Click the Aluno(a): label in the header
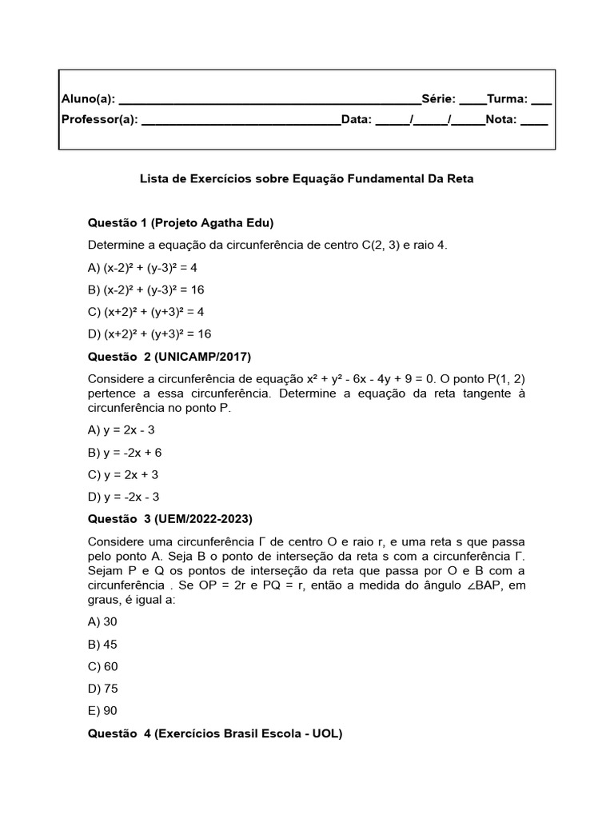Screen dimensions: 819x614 (x=89, y=99)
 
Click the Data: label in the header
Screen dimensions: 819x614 (x=357, y=120)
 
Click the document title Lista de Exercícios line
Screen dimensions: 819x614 (x=307, y=179)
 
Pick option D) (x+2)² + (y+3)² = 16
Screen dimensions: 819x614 (x=150, y=334)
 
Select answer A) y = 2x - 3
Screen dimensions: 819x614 (x=122, y=429)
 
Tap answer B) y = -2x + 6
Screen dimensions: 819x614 (x=125, y=452)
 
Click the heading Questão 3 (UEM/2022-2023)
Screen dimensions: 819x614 (x=175, y=519)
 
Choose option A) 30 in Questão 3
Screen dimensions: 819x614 (x=102, y=621)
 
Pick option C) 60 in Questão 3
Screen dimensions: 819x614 (x=102, y=666)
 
